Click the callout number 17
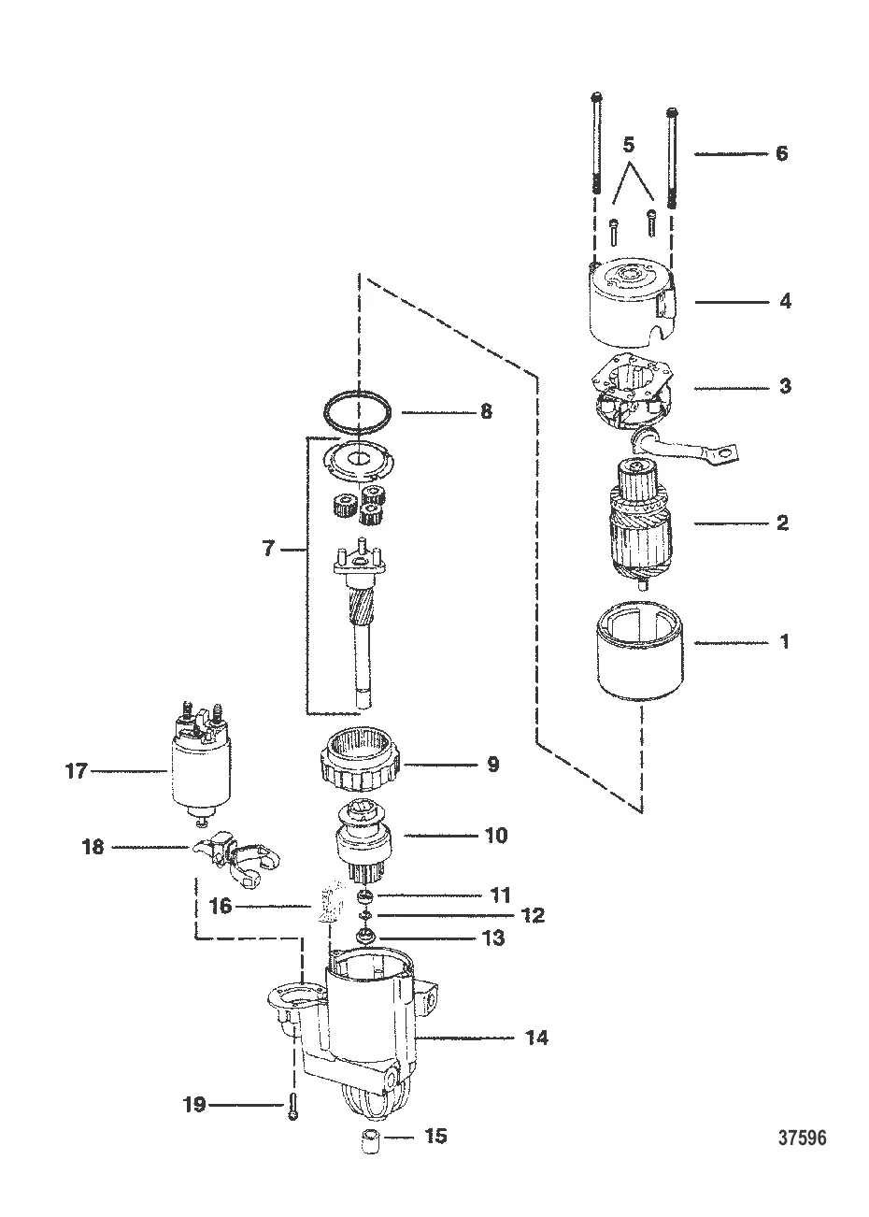76,771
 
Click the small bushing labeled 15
374,1142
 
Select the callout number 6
781,153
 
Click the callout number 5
628,145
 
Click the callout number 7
268,550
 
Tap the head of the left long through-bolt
595,97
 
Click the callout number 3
785,385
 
